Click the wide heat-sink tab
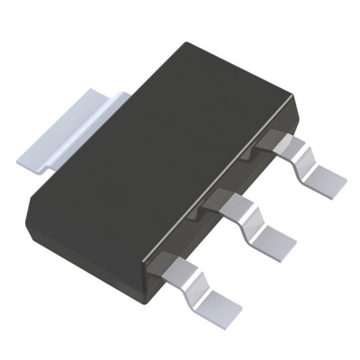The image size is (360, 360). [67, 126]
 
